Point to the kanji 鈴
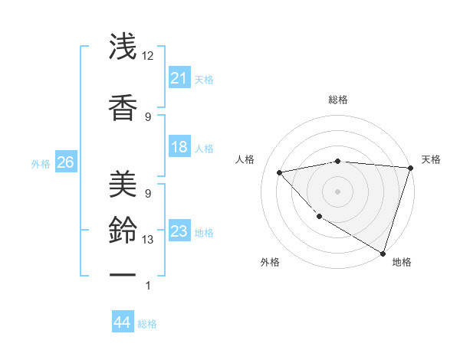[123, 228]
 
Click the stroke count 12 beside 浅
[148, 56]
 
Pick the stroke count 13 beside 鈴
[148, 240]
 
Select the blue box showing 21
[179, 78]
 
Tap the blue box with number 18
[179, 147]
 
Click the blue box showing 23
[179, 231]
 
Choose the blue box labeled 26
[65, 162]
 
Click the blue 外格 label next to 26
[41, 164]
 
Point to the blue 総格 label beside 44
[147, 324]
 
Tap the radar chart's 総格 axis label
[338, 100]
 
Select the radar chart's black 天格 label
[431, 159]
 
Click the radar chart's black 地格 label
[402, 262]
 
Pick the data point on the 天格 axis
[410, 168]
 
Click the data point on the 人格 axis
[280, 172]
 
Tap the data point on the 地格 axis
[383, 253]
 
